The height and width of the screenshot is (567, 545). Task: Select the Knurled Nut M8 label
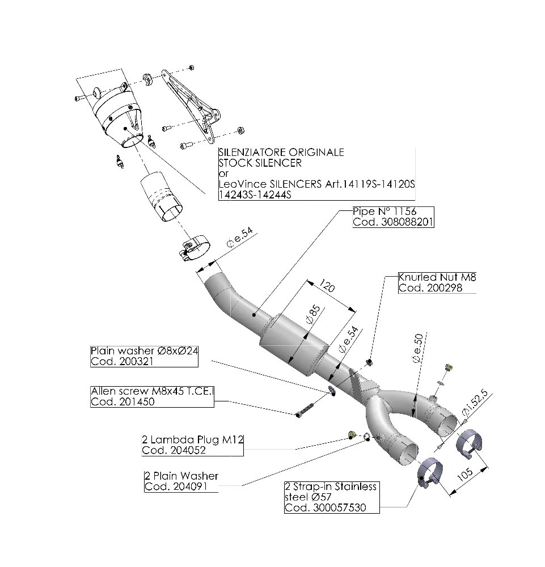click(x=437, y=277)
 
